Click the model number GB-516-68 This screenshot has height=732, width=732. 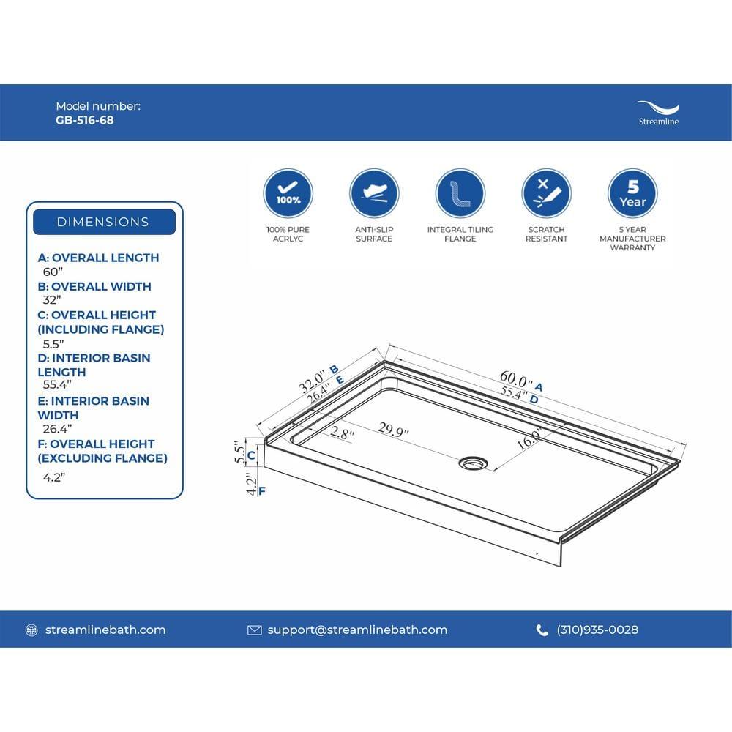(85, 120)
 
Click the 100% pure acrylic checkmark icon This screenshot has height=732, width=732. (288, 193)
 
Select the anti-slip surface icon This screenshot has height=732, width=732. (374, 193)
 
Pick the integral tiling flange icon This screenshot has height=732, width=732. (460, 193)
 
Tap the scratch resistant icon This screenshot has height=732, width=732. (546, 193)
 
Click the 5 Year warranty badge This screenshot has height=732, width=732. (632, 193)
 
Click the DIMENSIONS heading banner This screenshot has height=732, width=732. (103, 222)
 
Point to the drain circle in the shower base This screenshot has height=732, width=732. (473, 463)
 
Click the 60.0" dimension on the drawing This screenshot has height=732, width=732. (516, 381)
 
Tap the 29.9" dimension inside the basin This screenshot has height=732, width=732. (393, 431)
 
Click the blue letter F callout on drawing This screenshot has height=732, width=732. (261, 490)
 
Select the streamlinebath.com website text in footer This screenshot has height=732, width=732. (105, 630)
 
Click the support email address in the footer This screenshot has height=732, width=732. (356, 630)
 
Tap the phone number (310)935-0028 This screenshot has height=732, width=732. (597, 630)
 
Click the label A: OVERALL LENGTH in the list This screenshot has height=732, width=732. (98, 258)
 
